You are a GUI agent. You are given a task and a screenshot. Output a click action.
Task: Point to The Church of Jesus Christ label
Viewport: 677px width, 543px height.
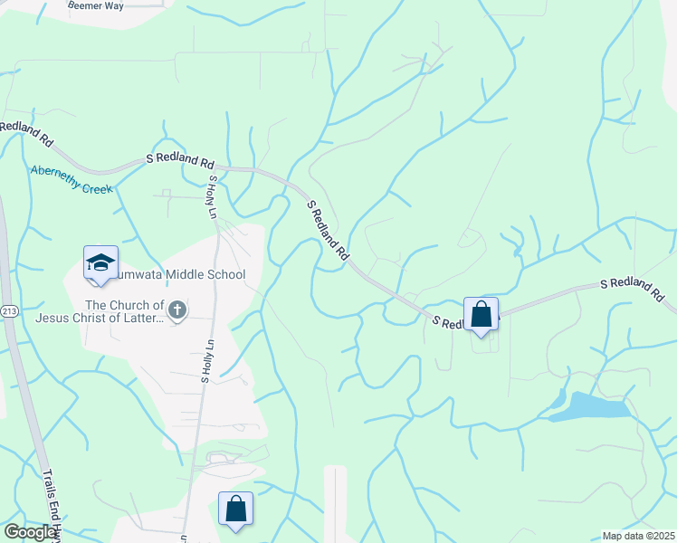pos(100,312)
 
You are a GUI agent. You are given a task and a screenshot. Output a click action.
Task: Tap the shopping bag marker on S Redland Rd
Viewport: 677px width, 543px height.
pos(481,315)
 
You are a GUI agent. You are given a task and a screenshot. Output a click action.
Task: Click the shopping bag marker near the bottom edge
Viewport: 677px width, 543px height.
pos(235,509)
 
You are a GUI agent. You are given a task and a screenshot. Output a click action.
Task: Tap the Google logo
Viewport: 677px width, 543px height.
pos(30,532)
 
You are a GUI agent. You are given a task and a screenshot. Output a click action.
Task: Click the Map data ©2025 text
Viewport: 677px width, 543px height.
pos(638,536)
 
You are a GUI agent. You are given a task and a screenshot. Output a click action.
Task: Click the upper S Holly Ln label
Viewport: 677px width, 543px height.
pos(212,197)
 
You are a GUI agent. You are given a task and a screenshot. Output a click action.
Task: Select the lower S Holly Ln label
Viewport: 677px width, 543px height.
pos(206,362)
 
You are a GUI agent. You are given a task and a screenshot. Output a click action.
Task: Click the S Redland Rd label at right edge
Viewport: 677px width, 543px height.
pos(633,290)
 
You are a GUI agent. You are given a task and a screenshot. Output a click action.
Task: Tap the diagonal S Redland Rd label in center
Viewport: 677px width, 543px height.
pos(327,231)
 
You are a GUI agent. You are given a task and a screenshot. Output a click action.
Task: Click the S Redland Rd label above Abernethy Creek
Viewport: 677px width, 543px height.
pos(180,161)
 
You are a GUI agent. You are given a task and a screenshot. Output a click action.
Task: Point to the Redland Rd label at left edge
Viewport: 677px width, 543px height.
pos(27,134)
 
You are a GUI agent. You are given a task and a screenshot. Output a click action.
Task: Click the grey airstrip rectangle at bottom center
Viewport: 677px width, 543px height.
pos(335,505)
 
